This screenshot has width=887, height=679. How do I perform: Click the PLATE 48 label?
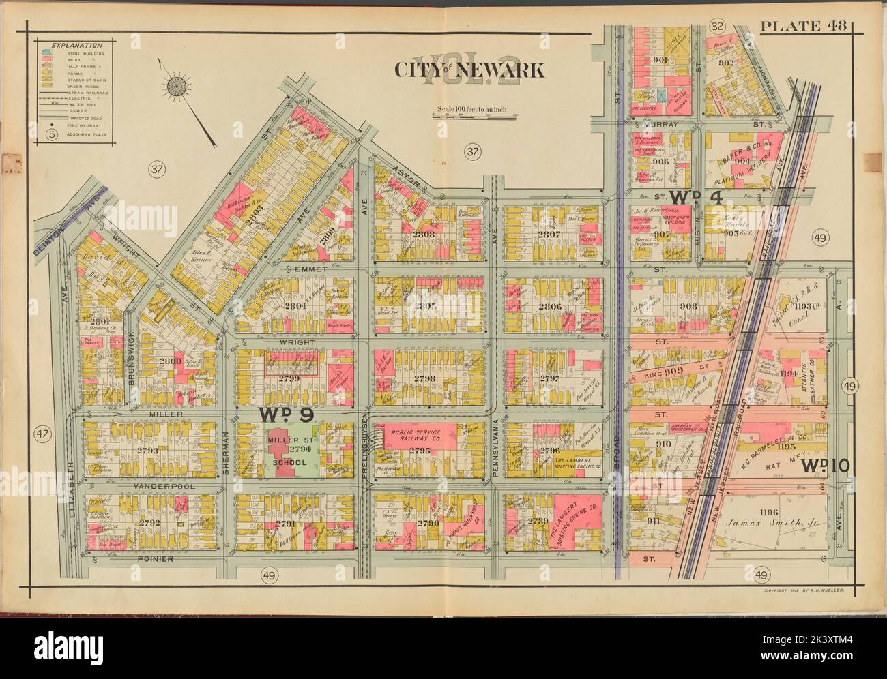(803, 27)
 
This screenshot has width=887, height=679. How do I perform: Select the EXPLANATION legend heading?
(71, 44)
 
